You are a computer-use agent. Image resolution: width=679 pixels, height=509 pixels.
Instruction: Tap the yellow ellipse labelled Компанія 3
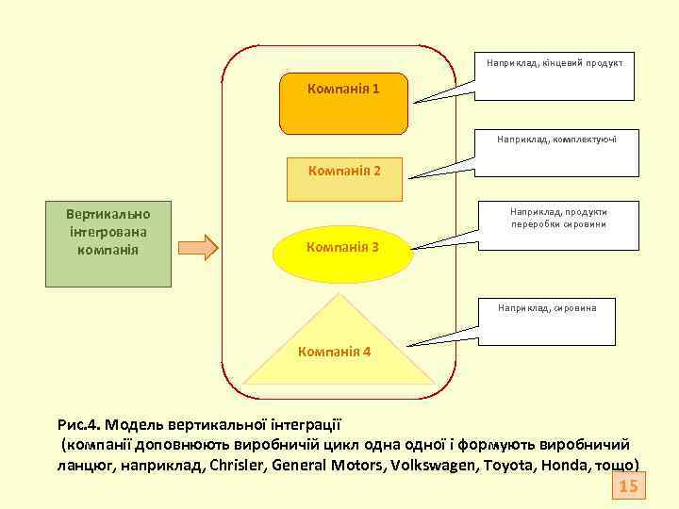(342, 249)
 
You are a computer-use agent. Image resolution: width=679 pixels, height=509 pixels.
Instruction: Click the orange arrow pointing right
(198, 248)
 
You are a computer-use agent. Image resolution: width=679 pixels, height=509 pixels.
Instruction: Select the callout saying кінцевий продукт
(555, 73)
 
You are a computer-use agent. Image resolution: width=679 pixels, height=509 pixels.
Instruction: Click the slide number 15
(628, 486)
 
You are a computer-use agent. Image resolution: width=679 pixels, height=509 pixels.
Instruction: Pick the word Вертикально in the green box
(108, 213)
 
